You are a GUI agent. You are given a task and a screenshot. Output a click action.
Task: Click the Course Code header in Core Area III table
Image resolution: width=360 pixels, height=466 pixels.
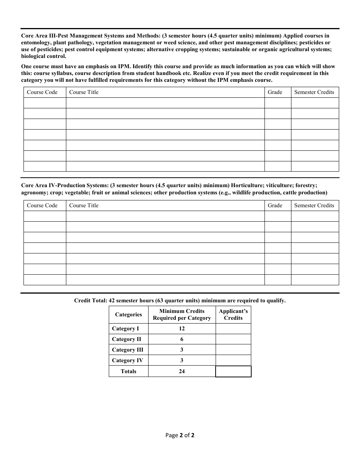click(x=42, y=92)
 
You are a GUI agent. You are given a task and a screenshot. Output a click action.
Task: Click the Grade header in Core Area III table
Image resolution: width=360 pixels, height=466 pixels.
click(x=275, y=92)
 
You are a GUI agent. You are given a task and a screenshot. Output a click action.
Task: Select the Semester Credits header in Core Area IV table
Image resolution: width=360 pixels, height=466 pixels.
click(x=314, y=205)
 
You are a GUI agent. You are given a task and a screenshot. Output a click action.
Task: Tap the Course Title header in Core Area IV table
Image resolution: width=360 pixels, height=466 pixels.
click(x=84, y=205)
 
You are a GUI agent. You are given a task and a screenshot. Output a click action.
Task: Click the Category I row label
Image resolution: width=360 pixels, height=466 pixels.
click(x=125, y=328)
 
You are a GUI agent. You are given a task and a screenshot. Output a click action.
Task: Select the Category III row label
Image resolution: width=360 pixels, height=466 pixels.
click(x=128, y=350)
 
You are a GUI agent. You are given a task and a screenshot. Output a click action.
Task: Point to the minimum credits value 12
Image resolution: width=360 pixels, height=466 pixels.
click(x=182, y=328)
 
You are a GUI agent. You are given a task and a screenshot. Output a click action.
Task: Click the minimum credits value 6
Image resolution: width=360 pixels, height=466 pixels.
click(x=182, y=339)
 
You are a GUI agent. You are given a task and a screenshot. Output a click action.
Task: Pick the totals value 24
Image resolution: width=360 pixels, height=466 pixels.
click(x=182, y=371)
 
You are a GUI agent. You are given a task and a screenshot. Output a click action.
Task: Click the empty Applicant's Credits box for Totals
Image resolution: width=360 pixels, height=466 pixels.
click(x=233, y=371)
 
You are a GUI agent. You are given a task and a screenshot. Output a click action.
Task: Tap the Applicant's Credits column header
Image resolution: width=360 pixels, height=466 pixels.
click(x=233, y=314)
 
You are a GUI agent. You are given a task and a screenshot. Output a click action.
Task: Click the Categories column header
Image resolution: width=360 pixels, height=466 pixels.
click(x=128, y=314)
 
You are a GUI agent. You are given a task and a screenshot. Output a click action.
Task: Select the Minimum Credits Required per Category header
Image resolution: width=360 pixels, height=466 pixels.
click(x=182, y=314)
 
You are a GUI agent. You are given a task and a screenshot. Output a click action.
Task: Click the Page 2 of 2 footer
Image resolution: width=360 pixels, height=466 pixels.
click(x=180, y=435)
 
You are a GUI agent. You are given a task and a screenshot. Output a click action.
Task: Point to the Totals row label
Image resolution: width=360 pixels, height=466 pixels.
click(x=128, y=371)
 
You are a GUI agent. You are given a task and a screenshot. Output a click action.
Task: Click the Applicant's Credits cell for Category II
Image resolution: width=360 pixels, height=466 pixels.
click(x=233, y=339)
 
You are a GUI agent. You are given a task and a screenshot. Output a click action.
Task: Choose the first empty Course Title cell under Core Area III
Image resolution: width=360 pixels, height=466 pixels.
click(x=165, y=103)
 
